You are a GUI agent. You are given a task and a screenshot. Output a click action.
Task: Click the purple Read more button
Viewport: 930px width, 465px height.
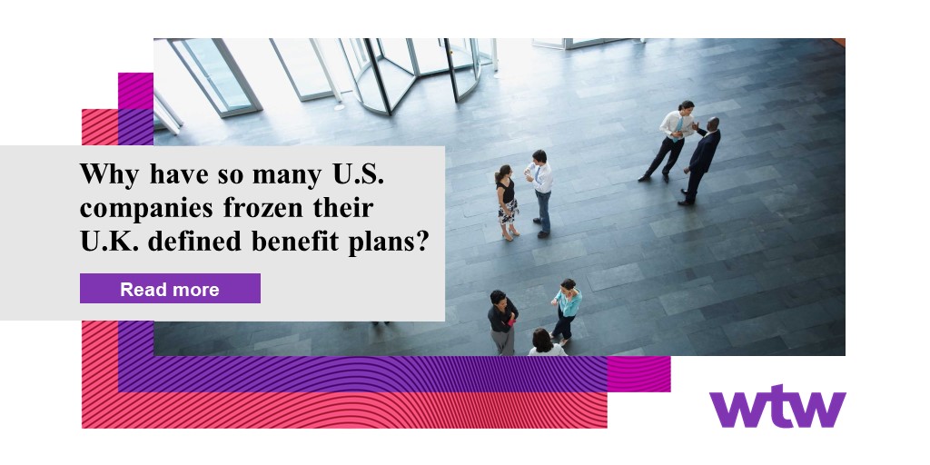point(170,289)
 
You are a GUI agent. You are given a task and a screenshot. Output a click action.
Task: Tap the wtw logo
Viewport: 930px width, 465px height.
point(777,406)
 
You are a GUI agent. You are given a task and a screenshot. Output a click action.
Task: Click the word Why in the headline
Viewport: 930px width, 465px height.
point(110,173)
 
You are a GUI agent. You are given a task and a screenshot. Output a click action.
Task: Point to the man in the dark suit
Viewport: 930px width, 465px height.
point(702,160)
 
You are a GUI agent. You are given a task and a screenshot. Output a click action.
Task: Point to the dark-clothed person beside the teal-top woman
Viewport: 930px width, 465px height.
point(501,322)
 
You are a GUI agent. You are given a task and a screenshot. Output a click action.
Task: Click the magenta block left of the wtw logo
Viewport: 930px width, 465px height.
point(638,373)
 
